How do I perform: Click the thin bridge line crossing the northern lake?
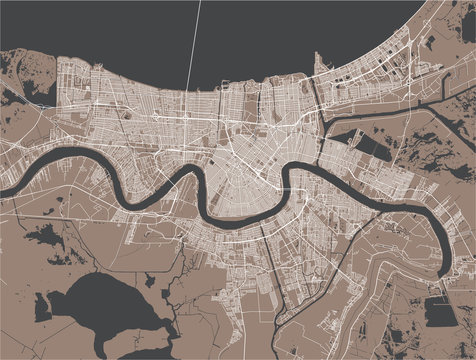194,40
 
